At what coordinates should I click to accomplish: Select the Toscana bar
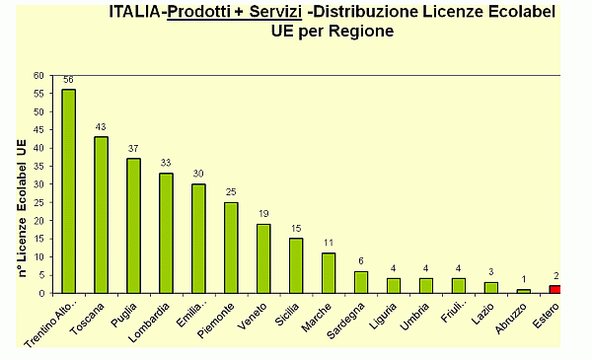pyautogui.click(x=102, y=215)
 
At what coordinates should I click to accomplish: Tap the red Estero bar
pyautogui.click(x=555, y=289)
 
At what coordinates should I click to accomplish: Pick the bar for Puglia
pyautogui.click(x=133, y=226)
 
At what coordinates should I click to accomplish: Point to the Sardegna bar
pyautogui.click(x=361, y=282)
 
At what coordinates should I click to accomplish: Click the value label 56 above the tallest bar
pyautogui.click(x=69, y=80)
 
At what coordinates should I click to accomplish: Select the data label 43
pyautogui.click(x=101, y=127)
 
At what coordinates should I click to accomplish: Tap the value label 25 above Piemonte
pyautogui.click(x=231, y=192)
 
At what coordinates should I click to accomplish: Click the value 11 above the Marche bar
pyautogui.click(x=329, y=243)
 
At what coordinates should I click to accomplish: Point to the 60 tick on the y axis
pyautogui.click(x=38, y=75)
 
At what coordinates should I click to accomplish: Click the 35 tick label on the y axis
pyautogui.click(x=38, y=166)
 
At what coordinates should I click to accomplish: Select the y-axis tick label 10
pyautogui.click(x=38, y=256)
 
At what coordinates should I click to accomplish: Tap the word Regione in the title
pyautogui.click(x=361, y=31)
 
